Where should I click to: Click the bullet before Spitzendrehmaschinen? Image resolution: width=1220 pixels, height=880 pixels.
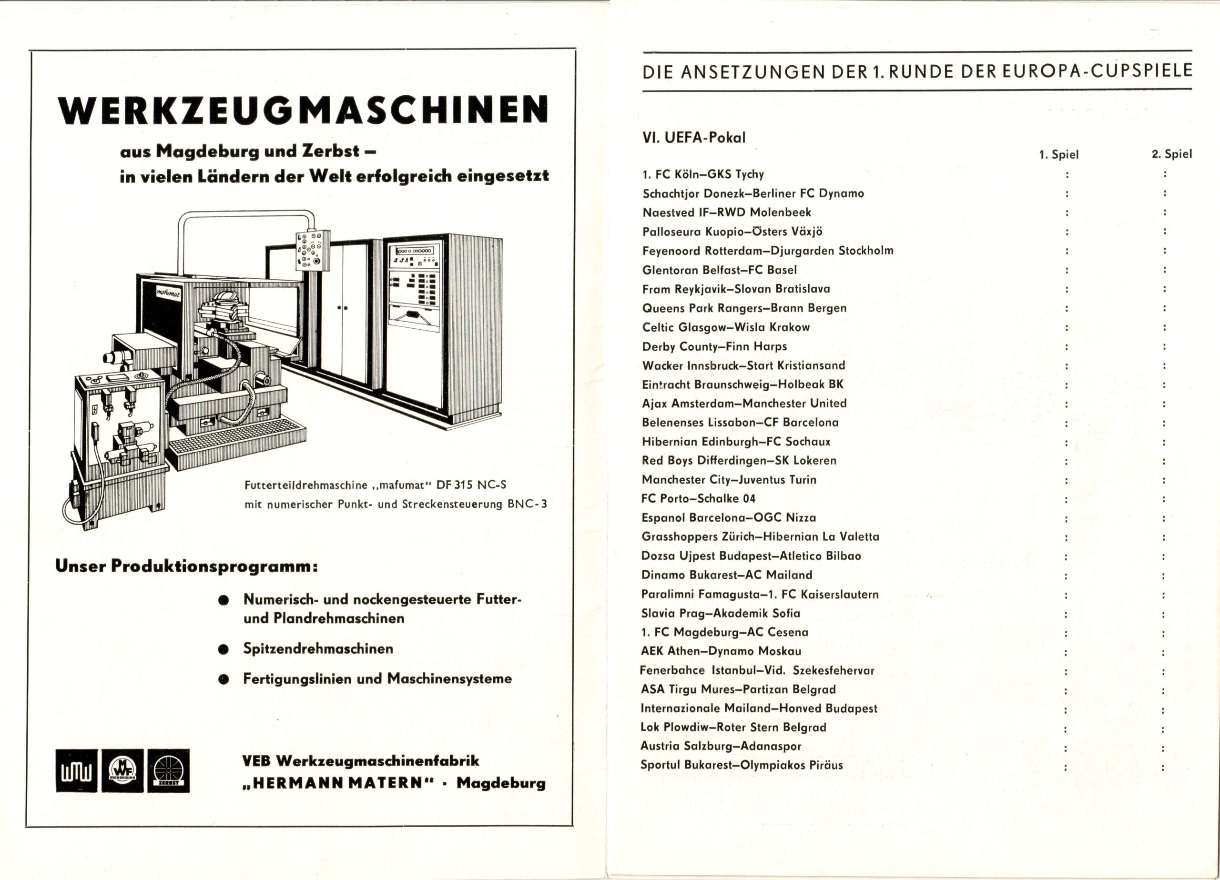click(224, 650)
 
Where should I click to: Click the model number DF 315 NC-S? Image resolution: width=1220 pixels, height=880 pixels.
click(471, 485)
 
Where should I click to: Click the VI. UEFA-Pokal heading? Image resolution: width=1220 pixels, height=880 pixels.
click(694, 138)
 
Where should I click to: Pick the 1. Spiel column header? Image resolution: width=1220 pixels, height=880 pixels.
click(1058, 155)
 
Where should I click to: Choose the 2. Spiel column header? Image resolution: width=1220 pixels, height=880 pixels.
click(1171, 154)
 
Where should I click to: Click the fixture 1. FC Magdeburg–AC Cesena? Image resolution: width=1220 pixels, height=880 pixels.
click(724, 632)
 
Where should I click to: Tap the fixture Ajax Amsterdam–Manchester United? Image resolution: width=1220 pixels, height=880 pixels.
click(744, 404)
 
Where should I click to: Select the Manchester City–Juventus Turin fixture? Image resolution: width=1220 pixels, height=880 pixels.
click(729, 479)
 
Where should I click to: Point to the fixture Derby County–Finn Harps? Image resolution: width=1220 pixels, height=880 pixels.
click(714, 346)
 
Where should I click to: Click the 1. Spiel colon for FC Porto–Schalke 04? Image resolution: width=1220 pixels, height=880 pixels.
click(1066, 499)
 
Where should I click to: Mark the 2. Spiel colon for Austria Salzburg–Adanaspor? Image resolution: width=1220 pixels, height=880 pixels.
click(1163, 748)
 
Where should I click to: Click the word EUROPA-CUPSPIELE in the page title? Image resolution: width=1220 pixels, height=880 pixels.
click(1095, 72)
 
